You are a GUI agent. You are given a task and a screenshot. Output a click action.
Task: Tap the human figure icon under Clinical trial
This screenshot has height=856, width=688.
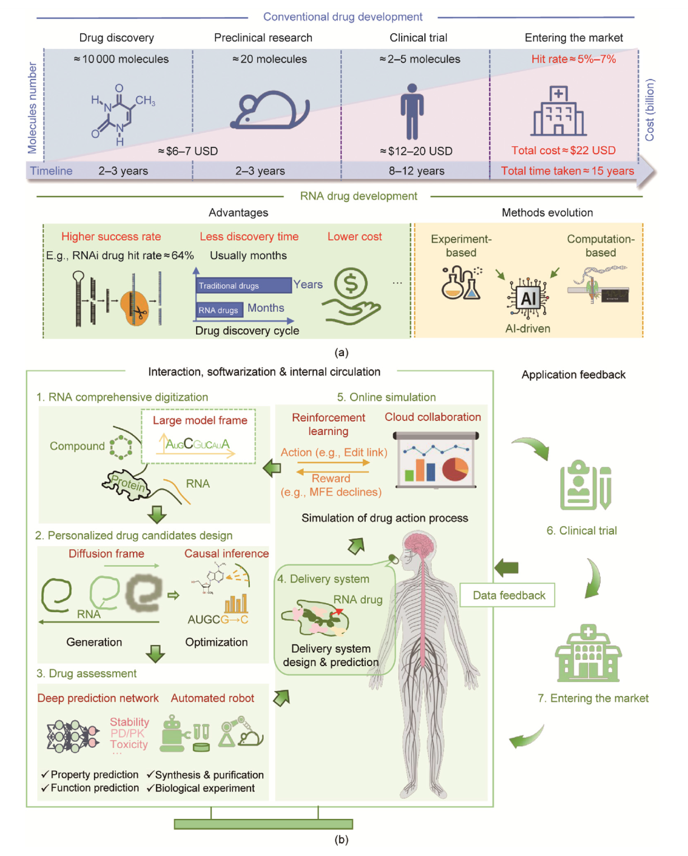[x=412, y=112]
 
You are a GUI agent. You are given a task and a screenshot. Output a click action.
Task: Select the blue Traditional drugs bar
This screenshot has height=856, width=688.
[x=244, y=285]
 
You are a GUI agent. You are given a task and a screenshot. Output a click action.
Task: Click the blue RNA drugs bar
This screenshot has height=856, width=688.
[x=219, y=310]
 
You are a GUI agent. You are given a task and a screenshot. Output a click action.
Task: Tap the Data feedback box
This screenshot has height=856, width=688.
[x=508, y=595]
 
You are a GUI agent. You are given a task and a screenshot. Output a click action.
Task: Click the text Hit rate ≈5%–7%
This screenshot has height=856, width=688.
[x=573, y=59]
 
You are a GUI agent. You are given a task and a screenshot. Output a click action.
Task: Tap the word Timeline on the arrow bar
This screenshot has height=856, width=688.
[x=51, y=171]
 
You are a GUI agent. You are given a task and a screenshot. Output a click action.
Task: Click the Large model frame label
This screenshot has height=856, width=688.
[x=200, y=420]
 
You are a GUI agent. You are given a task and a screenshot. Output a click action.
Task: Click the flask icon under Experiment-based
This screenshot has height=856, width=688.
[x=461, y=283]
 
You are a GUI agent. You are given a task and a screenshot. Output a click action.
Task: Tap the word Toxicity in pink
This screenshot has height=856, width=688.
[x=129, y=744]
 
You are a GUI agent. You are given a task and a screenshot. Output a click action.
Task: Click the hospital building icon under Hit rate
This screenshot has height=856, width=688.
[x=558, y=112]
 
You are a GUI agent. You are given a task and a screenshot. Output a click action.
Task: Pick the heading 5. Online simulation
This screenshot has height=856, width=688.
[x=386, y=397]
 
